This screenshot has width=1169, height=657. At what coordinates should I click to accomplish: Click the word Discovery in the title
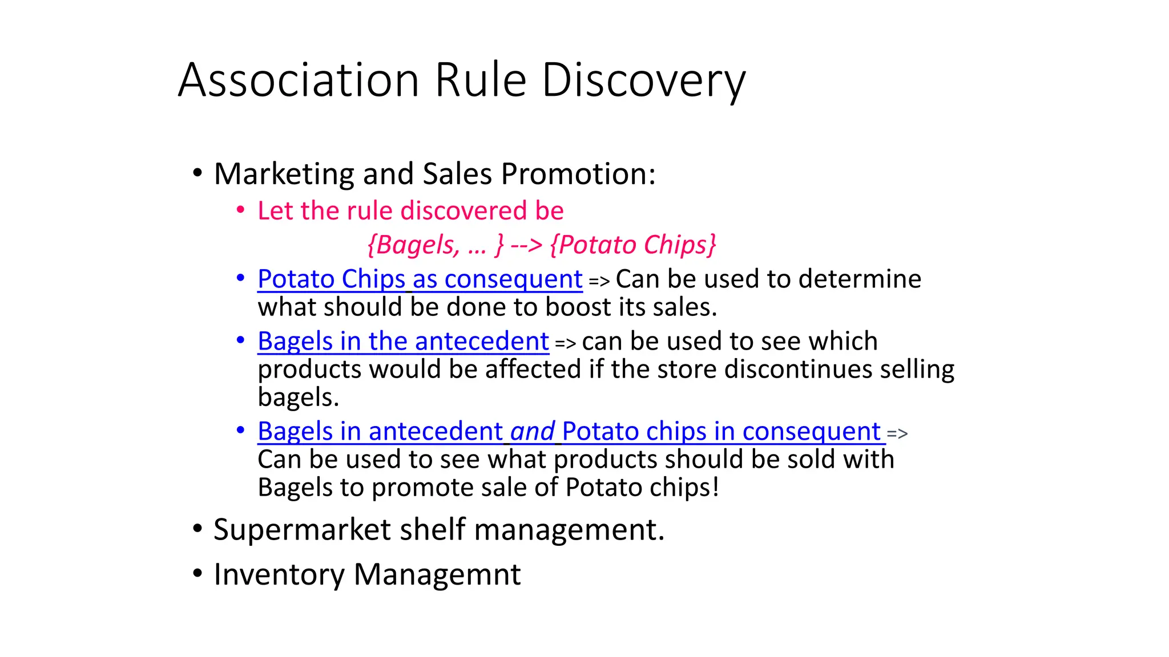pos(643,80)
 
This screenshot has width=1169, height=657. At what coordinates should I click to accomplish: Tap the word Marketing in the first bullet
pos(284,174)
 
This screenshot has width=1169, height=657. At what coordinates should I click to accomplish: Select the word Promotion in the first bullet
pos(578,174)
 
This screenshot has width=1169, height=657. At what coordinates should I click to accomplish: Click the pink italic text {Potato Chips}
pos(633,245)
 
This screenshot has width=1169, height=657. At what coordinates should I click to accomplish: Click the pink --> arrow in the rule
pos(526,245)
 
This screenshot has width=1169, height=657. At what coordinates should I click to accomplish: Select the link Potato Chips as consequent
pos(420,279)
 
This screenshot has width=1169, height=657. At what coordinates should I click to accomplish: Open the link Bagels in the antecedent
pos(403,342)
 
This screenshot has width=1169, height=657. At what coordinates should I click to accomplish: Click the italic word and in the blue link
pos(532,432)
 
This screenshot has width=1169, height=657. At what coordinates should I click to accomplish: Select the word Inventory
pos(279,574)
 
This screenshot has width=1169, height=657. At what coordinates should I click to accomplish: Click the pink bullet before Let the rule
pos(241,210)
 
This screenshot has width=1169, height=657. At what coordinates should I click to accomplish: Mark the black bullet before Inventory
pos(197,574)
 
